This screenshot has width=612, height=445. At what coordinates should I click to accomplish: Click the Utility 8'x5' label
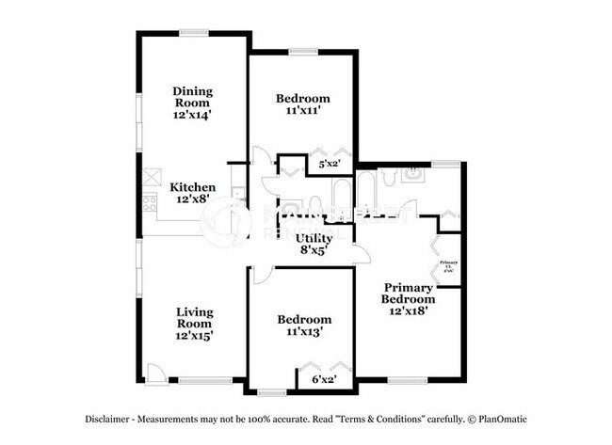[x=314, y=245]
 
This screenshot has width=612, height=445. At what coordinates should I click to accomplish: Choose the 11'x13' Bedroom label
[x=302, y=326]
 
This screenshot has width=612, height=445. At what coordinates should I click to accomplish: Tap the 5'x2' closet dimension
[x=329, y=164]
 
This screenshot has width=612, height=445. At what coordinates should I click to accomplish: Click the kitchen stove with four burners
[x=148, y=201]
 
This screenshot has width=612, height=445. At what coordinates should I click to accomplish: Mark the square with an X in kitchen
[x=151, y=175]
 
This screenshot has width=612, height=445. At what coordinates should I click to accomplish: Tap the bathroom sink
[x=413, y=173]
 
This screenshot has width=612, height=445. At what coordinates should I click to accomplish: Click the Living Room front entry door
[x=156, y=373]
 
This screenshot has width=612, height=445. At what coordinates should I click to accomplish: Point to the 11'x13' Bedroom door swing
[x=261, y=275]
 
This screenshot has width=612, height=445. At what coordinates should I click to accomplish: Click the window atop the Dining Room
[x=195, y=33]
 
